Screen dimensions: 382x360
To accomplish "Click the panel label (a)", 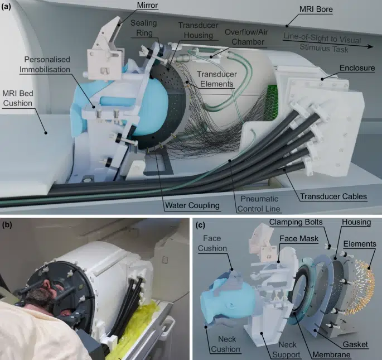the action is point(6,7).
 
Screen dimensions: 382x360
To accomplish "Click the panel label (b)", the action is point(7,224).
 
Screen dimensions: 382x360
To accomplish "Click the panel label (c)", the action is point(200,225).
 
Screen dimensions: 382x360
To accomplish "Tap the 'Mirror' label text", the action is point(147,5).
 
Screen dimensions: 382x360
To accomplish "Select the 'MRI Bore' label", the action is point(316,9).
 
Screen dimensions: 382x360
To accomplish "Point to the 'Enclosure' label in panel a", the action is point(357,68).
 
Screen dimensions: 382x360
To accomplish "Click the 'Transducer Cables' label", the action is point(333,196).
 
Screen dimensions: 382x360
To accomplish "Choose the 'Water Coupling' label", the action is point(192,205).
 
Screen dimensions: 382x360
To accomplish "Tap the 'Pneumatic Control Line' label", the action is point(259,204).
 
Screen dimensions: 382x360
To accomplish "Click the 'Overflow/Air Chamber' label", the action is point(246,37).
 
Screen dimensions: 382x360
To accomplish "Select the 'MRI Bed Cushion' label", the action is point(17,98).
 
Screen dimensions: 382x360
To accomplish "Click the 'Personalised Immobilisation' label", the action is point(45,64).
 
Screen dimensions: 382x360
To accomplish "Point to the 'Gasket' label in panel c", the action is point(355,344).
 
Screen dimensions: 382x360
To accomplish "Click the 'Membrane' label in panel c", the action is point(331,354).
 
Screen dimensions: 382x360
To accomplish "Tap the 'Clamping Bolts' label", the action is point(296,222).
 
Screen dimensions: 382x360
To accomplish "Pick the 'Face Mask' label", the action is point(299,238).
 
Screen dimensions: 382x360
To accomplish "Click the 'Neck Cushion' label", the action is point(226,344).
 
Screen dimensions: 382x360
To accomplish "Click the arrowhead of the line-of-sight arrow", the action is point(371,46).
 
